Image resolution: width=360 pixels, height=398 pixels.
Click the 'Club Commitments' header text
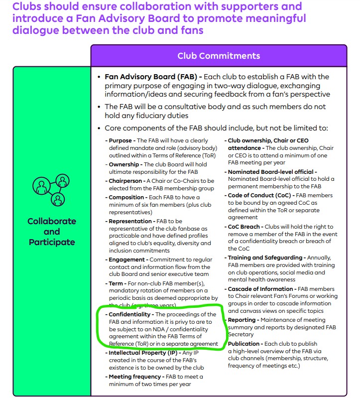[x=219, y=56]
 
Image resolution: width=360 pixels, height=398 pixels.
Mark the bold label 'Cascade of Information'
[x=261, y=289]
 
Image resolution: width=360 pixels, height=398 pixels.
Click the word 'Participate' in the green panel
[x=52, y=242]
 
